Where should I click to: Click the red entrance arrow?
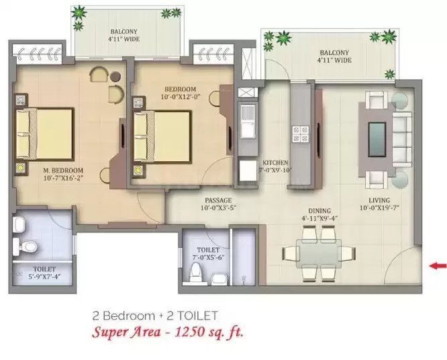pyautogui.click(x=437, y=266)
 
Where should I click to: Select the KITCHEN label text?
pyautogui.click(x=275, y=163)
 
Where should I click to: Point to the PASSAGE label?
pyautogui.click(x=219, y=200)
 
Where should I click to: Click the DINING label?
pyautogui.click(x=316, y=210)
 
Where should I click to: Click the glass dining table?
pyautogui.click(x=318, y=253)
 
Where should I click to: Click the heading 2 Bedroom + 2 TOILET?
pyautogui.click(x=154, y=314)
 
